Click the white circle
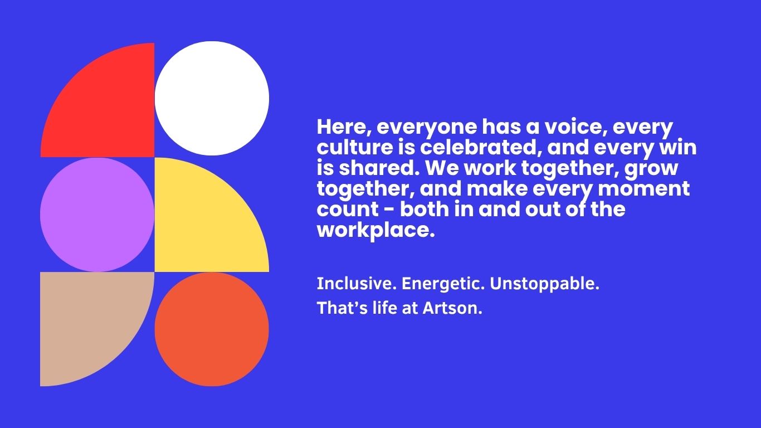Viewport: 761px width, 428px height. coord(212,99)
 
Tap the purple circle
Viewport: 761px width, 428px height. coord(97,215)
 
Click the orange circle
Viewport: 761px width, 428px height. coord(212,329)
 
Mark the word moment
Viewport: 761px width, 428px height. coord(644,189)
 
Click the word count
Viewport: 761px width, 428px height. coord(348,210)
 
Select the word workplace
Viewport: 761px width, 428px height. coord(375,231)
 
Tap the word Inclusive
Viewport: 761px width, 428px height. coord(357,284)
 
